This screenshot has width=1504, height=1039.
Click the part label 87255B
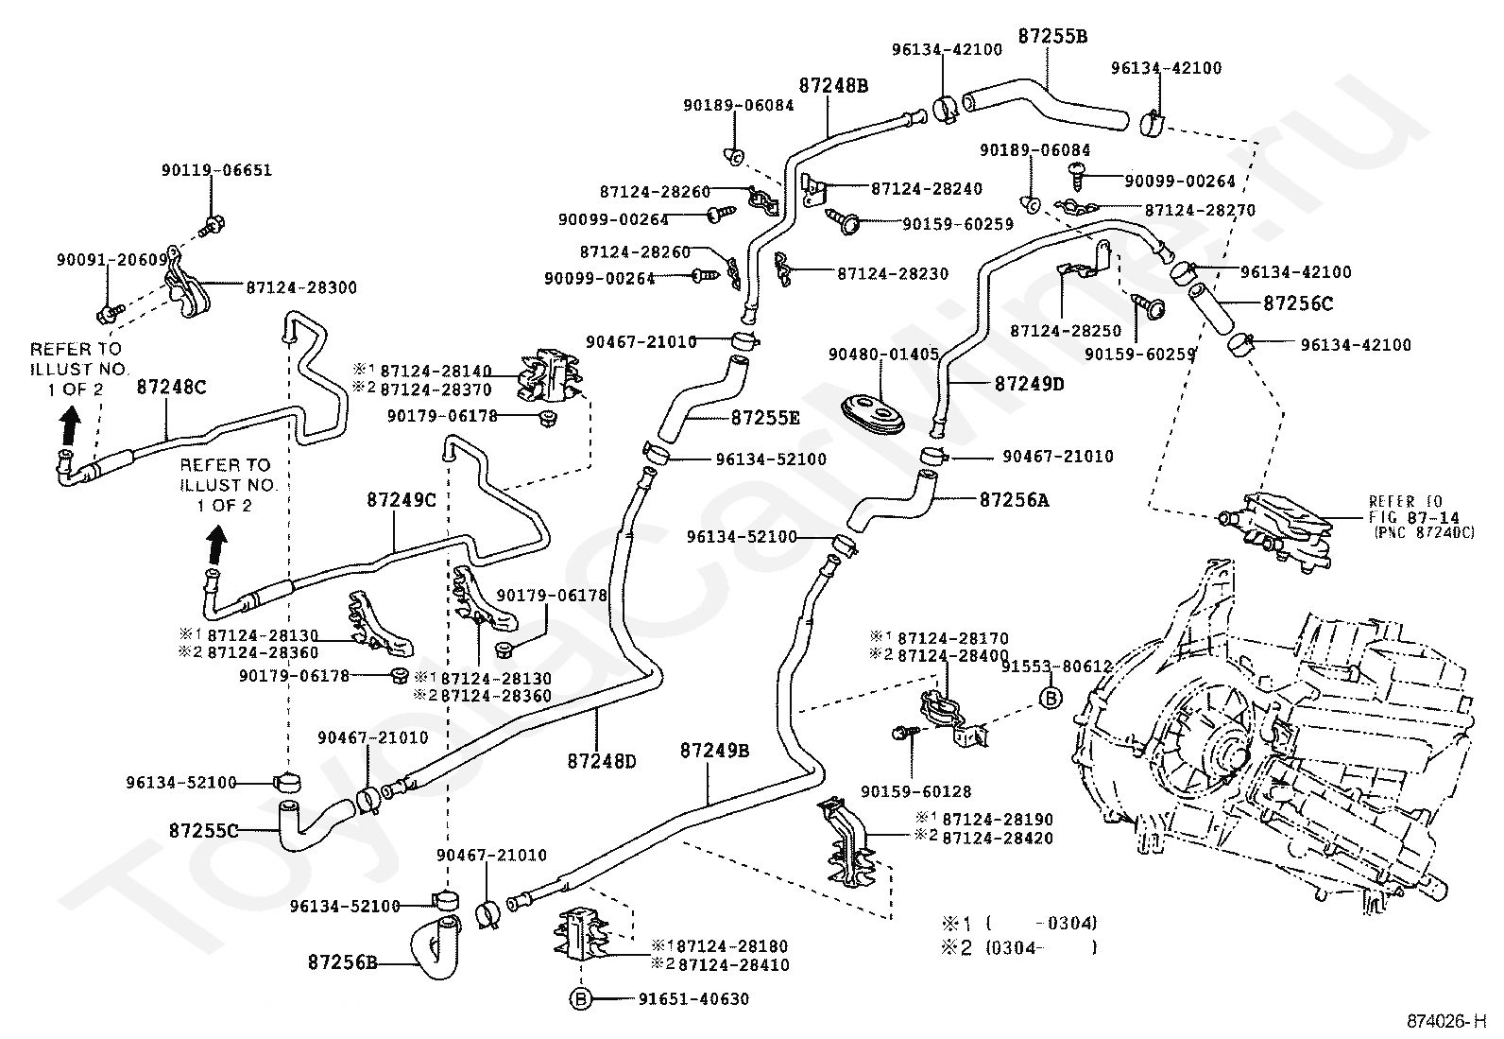coord(1052,36)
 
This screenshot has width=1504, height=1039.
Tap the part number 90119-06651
coord(217,170)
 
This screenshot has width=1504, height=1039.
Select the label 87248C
coord(171,387)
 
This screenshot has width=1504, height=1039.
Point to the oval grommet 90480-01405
coord(873,414)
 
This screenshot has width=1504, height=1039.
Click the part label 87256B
coord(342,962)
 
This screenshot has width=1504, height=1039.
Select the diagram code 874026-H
coord(1446,1022)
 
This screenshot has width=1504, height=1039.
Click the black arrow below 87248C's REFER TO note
coord(69,426)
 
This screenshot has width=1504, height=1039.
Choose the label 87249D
coord(1030,385)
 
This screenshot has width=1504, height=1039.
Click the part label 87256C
coord(1298,303)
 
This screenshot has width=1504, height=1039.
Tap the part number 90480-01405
coord(883,355)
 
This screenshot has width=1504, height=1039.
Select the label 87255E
coord(765,418)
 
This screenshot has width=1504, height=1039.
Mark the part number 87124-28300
coord(301,287)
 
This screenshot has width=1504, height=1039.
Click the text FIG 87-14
coord(1414,517)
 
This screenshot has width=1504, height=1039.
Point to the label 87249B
coord(714,750)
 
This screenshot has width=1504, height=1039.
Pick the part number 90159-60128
coord(915,791)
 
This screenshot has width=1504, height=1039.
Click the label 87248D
coord(602,761)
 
